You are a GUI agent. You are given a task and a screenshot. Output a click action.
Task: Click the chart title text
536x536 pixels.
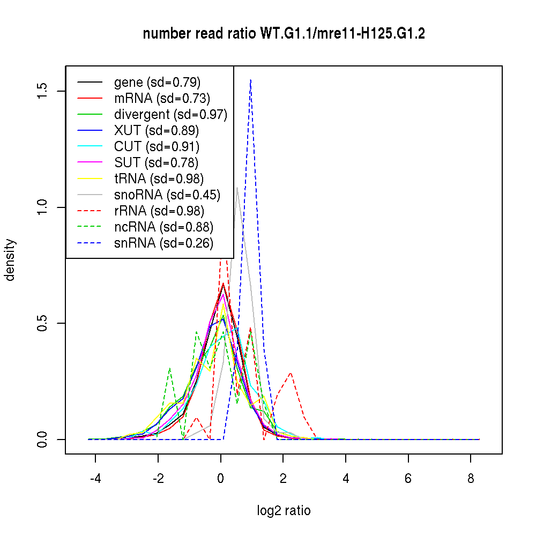(x=284, y=34)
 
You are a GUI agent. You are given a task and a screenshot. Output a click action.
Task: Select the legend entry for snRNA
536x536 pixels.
(x=163, y=243)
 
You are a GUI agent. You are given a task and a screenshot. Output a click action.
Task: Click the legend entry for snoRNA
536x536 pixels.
(x=167, y=195)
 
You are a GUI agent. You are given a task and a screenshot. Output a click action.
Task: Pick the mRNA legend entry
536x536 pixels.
(x=162, y=99)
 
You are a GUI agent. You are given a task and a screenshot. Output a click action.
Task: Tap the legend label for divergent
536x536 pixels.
(x=170, y=115)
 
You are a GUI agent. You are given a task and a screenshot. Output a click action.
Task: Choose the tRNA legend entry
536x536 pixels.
(x=159, y=179)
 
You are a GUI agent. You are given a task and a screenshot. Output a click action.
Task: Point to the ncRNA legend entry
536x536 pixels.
(x=163, y=227)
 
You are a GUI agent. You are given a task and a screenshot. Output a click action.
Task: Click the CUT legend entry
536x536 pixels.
(x=157, y=147)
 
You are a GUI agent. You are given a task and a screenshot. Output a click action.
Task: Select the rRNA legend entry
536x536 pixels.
(x=159, y=211)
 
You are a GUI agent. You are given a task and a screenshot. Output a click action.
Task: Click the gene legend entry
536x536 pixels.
(x=157, y=83)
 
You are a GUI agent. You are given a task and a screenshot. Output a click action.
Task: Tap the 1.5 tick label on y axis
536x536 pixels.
(x=43, y=91)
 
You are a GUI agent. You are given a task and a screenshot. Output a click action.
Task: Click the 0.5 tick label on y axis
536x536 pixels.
(x=43, y=323)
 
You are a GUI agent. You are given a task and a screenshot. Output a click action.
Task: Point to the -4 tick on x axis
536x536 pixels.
(x=95, y=478)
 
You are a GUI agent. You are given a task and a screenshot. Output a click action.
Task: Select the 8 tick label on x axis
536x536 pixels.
(x=471, y=478)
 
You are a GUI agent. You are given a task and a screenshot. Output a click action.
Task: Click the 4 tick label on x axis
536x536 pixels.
(x=346, y=478)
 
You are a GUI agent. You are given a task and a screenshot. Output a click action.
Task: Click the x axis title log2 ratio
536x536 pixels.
(x=284, y=511)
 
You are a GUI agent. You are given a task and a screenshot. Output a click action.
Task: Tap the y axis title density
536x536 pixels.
(x=11, y=260)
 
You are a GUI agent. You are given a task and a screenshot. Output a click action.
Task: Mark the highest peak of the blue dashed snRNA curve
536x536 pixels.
(x=250, y=80)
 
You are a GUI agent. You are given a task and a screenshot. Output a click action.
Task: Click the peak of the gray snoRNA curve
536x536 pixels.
(x=237, y=187)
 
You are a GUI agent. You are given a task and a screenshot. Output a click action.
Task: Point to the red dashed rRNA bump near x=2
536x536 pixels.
(x=291, y=373)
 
